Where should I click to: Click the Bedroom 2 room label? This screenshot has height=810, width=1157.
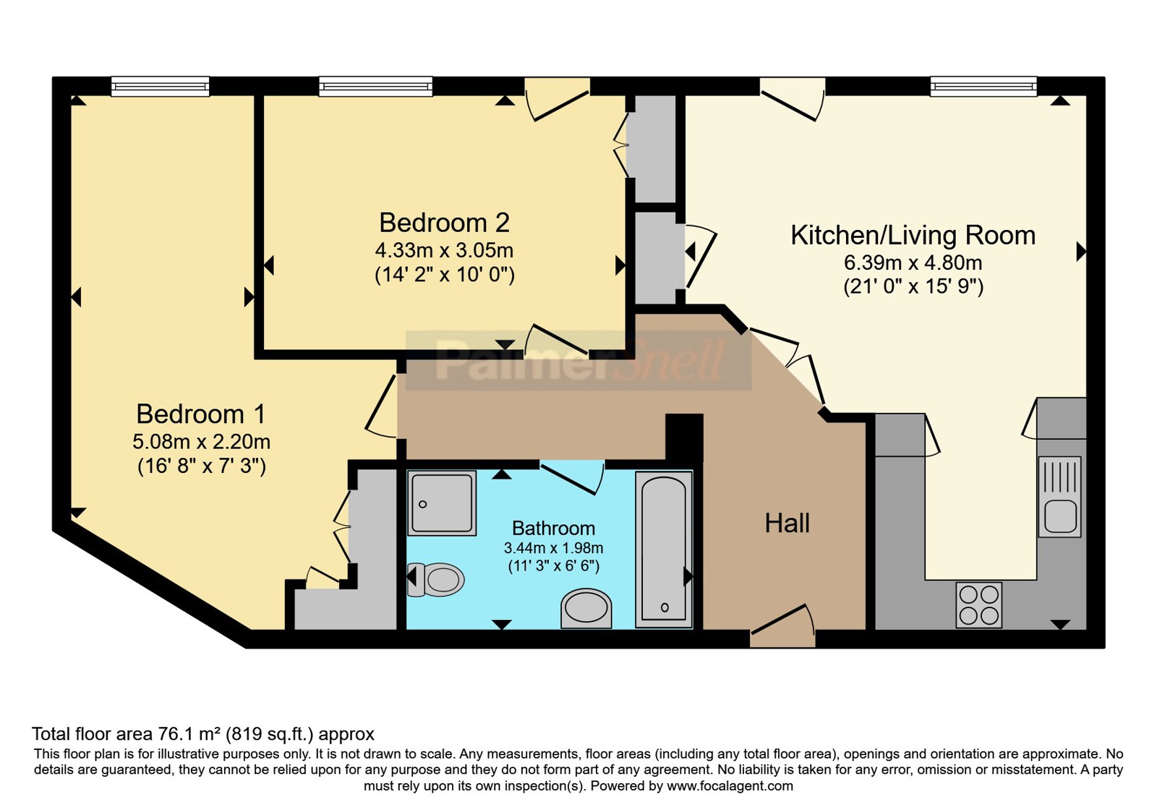pyautogui.click(x=444, y=223)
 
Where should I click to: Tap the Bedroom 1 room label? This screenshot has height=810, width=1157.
pyautogui.click(x=201, y=414)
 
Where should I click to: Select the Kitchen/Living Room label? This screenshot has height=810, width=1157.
pyautogui.click(x=913, y=236)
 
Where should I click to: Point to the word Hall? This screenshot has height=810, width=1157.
pyautogui.click(x=787, y=524)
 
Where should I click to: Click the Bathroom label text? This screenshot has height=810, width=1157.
pyautogui.click(x=554, y=529)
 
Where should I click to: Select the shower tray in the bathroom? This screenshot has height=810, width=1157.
pyautogui.click(x=442, y=503)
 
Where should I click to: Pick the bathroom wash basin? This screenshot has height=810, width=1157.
pyautogui.click(x=586, y=608)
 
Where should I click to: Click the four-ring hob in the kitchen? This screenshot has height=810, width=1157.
pyautogui.click(x=979, y=605)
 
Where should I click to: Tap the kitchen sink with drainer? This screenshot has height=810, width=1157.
pyautogui.click(x=1060, y=496)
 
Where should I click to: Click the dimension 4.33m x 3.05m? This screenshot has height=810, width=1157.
pyautogui.click(x=444, y=250)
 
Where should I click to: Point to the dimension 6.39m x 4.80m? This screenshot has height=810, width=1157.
pyautogui.click(x=913, y=263)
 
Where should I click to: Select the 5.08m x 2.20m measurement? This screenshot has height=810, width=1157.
pyautogui.click(x=202, y=442)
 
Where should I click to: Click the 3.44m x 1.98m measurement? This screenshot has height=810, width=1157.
pyautogui.click(x=554, y=547)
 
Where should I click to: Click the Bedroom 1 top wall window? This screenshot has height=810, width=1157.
pyautogui.click(x=160, y=86)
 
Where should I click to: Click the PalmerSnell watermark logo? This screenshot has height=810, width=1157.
pyautogui.click(x=578, y=360)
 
